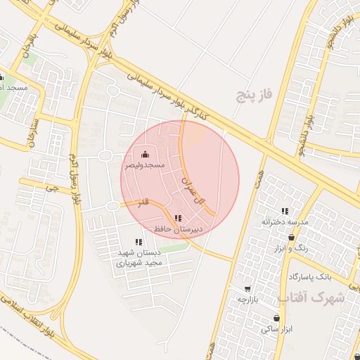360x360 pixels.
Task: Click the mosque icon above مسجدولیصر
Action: [x=145, y=155]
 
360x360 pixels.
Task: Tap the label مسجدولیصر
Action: [x=145, y=165]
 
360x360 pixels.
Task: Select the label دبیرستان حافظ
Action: [x=179, y=229]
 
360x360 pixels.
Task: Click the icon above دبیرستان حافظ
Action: [x=178, y=219]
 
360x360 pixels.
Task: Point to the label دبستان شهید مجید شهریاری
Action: [x=139, y=257]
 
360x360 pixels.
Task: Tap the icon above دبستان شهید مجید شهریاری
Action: [x=139, y=242]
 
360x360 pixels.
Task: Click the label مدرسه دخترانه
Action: [x=285, y=222]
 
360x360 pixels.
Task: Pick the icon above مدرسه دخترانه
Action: [x=285, y=211]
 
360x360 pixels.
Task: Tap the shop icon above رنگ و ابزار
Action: [x=291, y=238]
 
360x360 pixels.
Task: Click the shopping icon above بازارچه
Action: [x=247, y=289]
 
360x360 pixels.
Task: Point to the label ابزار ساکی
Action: [x=276, y=328]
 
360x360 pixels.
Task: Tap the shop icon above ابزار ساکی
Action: [x=276, y=318]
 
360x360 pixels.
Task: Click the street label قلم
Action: [x=144, y=202]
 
